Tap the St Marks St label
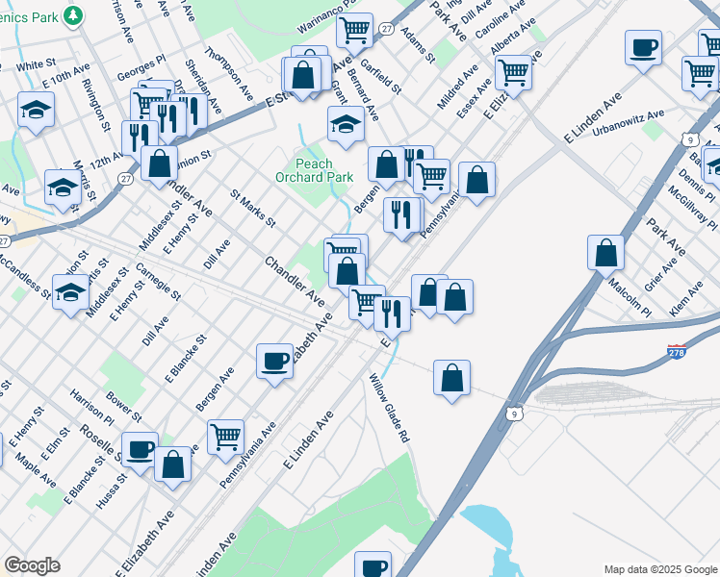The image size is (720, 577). coord(252,209)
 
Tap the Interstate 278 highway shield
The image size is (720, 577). coord(678,353)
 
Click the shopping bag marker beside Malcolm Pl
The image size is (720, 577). coord(605,253)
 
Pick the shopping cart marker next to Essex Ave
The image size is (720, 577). coord(513,71)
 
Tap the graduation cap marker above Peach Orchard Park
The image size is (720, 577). coord(346,123)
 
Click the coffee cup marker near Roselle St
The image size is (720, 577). coord(140,448)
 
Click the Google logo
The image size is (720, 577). coord(32,565)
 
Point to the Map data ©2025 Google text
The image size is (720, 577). coord(661,569)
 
